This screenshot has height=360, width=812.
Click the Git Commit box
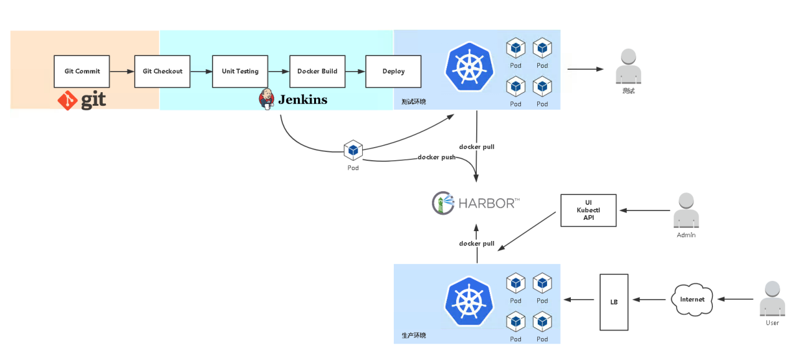[82, 72]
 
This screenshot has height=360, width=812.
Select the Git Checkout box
[163, 72]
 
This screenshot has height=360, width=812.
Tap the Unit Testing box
[240, 72]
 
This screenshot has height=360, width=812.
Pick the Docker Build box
[317, 72]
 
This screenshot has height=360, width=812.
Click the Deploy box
[393, 72]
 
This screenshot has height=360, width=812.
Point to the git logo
[82, 100]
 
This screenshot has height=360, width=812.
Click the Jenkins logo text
[302, 100]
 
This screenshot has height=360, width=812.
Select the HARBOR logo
[476, 202]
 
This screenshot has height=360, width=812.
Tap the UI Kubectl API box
[588, 211]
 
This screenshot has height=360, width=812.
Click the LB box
[614, 302]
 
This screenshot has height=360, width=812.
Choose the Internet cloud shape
[692, 299]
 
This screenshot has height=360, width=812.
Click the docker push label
[436, 158]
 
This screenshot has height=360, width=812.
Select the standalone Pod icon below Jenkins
[353, 150]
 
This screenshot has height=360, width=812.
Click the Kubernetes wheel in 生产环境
[469, 300]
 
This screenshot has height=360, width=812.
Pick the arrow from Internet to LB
[649, 300]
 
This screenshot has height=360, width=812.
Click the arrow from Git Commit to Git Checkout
[122, 72]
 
